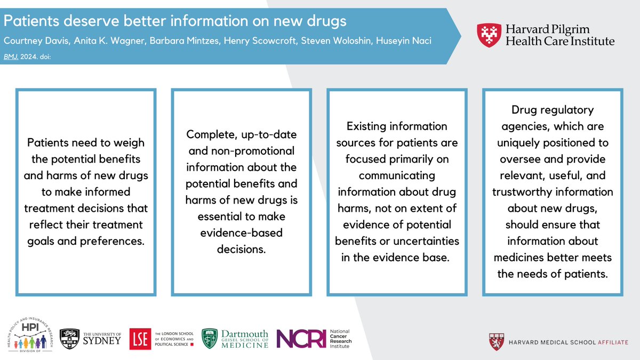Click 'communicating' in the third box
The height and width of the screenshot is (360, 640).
click(x=397, y=175)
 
